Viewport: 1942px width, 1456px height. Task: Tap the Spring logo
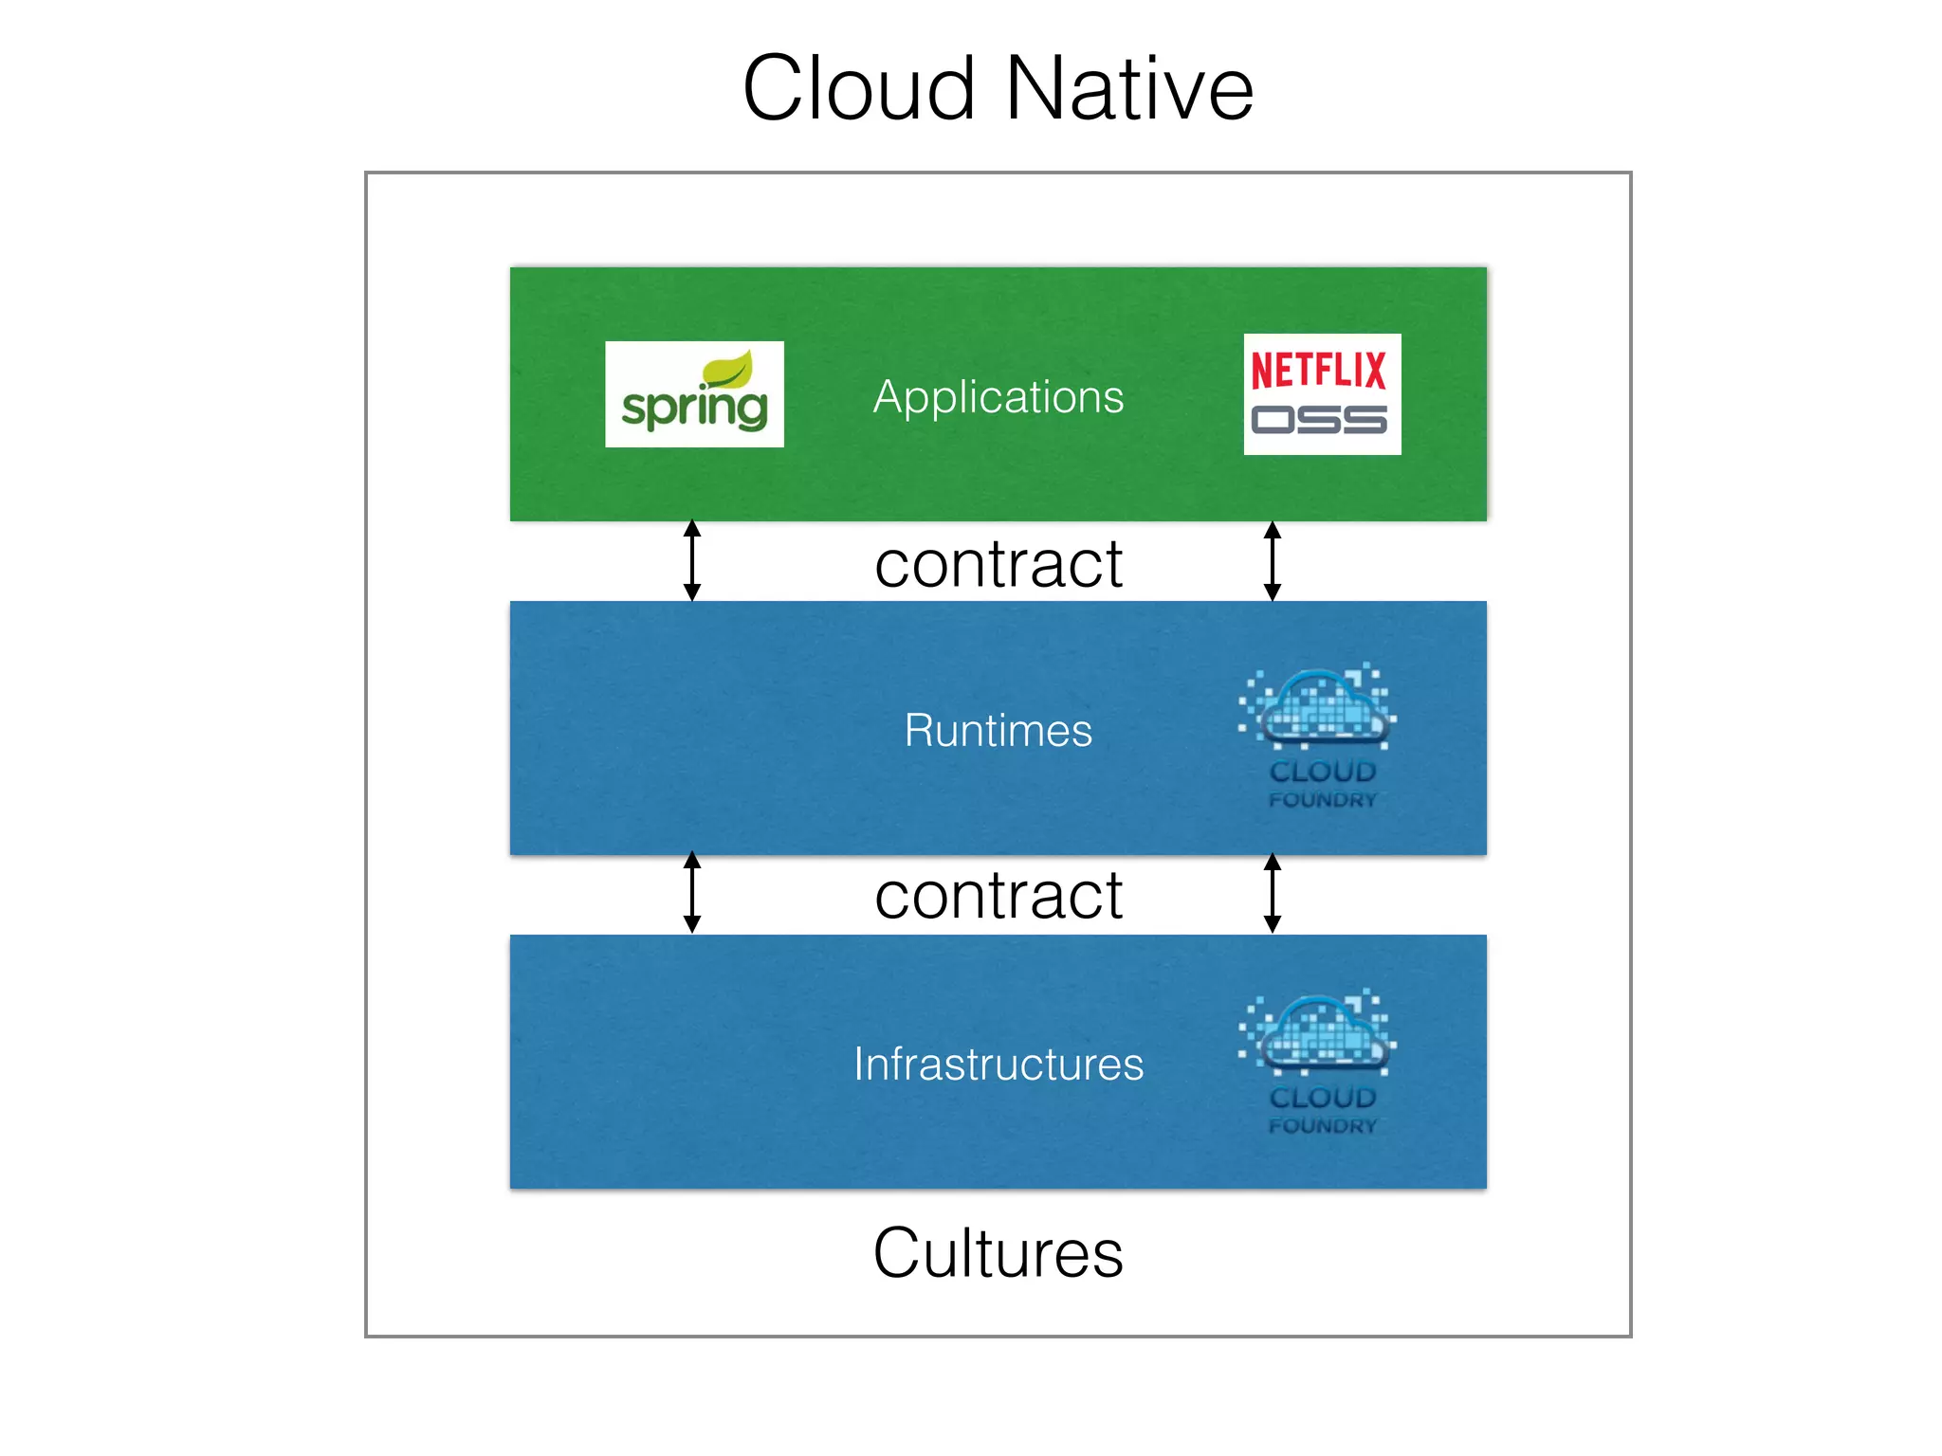694,394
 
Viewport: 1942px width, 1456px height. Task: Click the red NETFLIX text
1319,370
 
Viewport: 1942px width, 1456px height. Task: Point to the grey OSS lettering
1319,419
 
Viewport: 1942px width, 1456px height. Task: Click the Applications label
998,396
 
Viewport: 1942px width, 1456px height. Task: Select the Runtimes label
998,730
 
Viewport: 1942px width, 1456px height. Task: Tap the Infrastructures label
998,1064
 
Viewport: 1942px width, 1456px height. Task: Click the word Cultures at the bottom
998,1253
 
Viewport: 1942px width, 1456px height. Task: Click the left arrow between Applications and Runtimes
692,560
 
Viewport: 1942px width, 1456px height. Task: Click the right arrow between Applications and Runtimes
1273,560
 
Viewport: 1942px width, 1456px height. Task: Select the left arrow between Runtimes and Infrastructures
692,892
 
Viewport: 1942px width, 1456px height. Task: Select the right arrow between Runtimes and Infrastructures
1273,892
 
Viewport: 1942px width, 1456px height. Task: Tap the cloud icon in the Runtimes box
1320,707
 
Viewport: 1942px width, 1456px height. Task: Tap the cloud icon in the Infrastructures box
1320,1033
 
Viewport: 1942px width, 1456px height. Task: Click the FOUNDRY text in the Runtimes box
1322,800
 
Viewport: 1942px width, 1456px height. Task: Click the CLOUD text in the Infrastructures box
1322,1098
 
